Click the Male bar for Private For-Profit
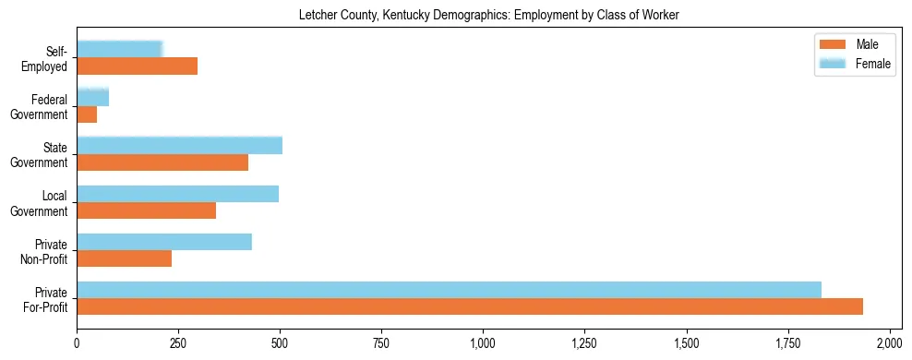pos(470,306)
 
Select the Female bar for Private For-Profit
pos(449,290)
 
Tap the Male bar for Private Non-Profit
pos(124,258)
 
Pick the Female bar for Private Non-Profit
pos(164,242)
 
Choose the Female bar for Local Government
pos(177,194)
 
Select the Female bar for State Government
pos(179,145)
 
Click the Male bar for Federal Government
pos(87,114)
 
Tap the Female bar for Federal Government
pos(92,97)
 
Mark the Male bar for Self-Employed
pos(137,66)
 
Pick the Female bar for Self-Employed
pos(120,49)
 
